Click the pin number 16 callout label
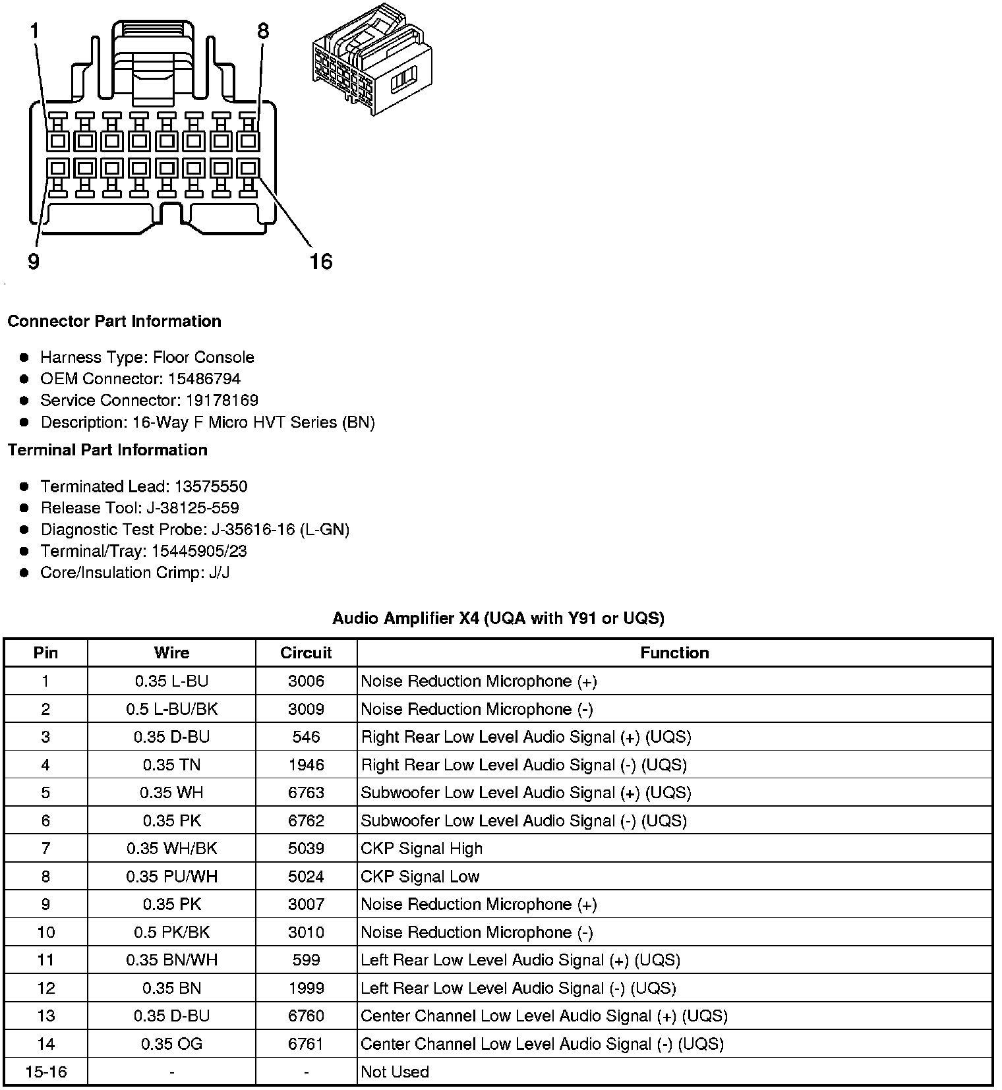[321, 262]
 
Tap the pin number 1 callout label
[34, 31]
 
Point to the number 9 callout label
[34, 262]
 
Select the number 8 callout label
[263, 31]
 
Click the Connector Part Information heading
[114, 321]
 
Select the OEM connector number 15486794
[204, 379]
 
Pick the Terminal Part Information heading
[107, 450]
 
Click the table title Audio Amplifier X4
[498, 618]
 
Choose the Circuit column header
[306, 653]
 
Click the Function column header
[674, 653]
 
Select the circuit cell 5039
[306, 848]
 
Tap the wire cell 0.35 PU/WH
[171, 876]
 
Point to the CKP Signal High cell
[421, 848]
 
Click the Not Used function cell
[395, 1072]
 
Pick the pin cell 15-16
[45, 1072]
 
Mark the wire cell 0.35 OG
[171, 1044]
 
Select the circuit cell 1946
[306, 764]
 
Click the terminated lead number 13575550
[211, 486]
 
